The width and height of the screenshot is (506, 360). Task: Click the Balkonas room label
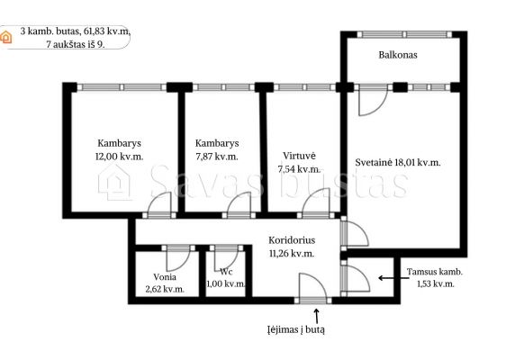coord(398,55)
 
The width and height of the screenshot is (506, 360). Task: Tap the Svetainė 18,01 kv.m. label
coord(398,162)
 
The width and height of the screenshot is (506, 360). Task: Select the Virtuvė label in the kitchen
coord(299,156)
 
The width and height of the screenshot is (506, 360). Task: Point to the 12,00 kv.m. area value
coord(120,157)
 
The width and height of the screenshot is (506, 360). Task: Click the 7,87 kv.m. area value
coord(217,157)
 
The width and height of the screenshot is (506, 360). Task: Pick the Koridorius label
coord(292,240)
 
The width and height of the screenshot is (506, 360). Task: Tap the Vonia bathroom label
coord(165,277)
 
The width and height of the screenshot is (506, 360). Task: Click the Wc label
coord(226,272)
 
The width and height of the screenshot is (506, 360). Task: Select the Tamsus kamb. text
coord(434,272)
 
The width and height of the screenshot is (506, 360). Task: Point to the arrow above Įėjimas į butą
coord(317,316)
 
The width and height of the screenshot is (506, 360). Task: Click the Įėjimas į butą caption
coord(296,330)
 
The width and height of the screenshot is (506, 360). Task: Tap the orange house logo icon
coord(5,37)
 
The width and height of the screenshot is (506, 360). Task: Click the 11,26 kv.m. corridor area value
coord(292,254)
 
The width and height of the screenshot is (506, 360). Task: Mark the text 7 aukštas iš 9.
coord(76,44)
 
